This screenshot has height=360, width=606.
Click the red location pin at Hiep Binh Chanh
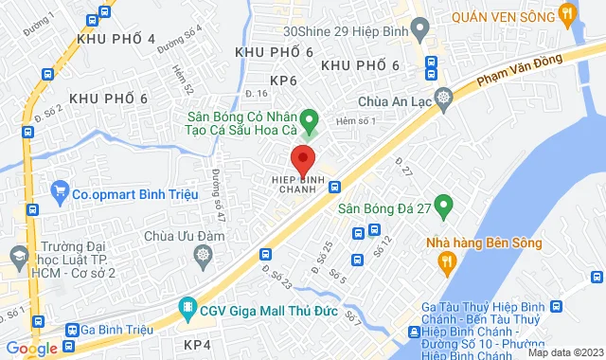click(x=302, y=157)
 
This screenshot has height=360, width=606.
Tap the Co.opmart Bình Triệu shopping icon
click(x=61, y=195)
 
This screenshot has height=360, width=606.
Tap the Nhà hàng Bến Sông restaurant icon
click(x=438, y=264)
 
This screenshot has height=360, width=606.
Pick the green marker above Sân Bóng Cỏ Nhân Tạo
click(x=317, y=119)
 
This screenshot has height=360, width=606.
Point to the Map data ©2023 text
click(x=564, y=352)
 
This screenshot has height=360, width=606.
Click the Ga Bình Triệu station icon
click(x=72, y=330)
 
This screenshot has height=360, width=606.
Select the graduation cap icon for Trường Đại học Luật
click(x=17, y=254)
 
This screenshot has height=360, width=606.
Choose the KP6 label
click(x=284, y=81)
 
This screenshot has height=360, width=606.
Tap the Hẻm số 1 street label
click(x=362, y=120)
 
